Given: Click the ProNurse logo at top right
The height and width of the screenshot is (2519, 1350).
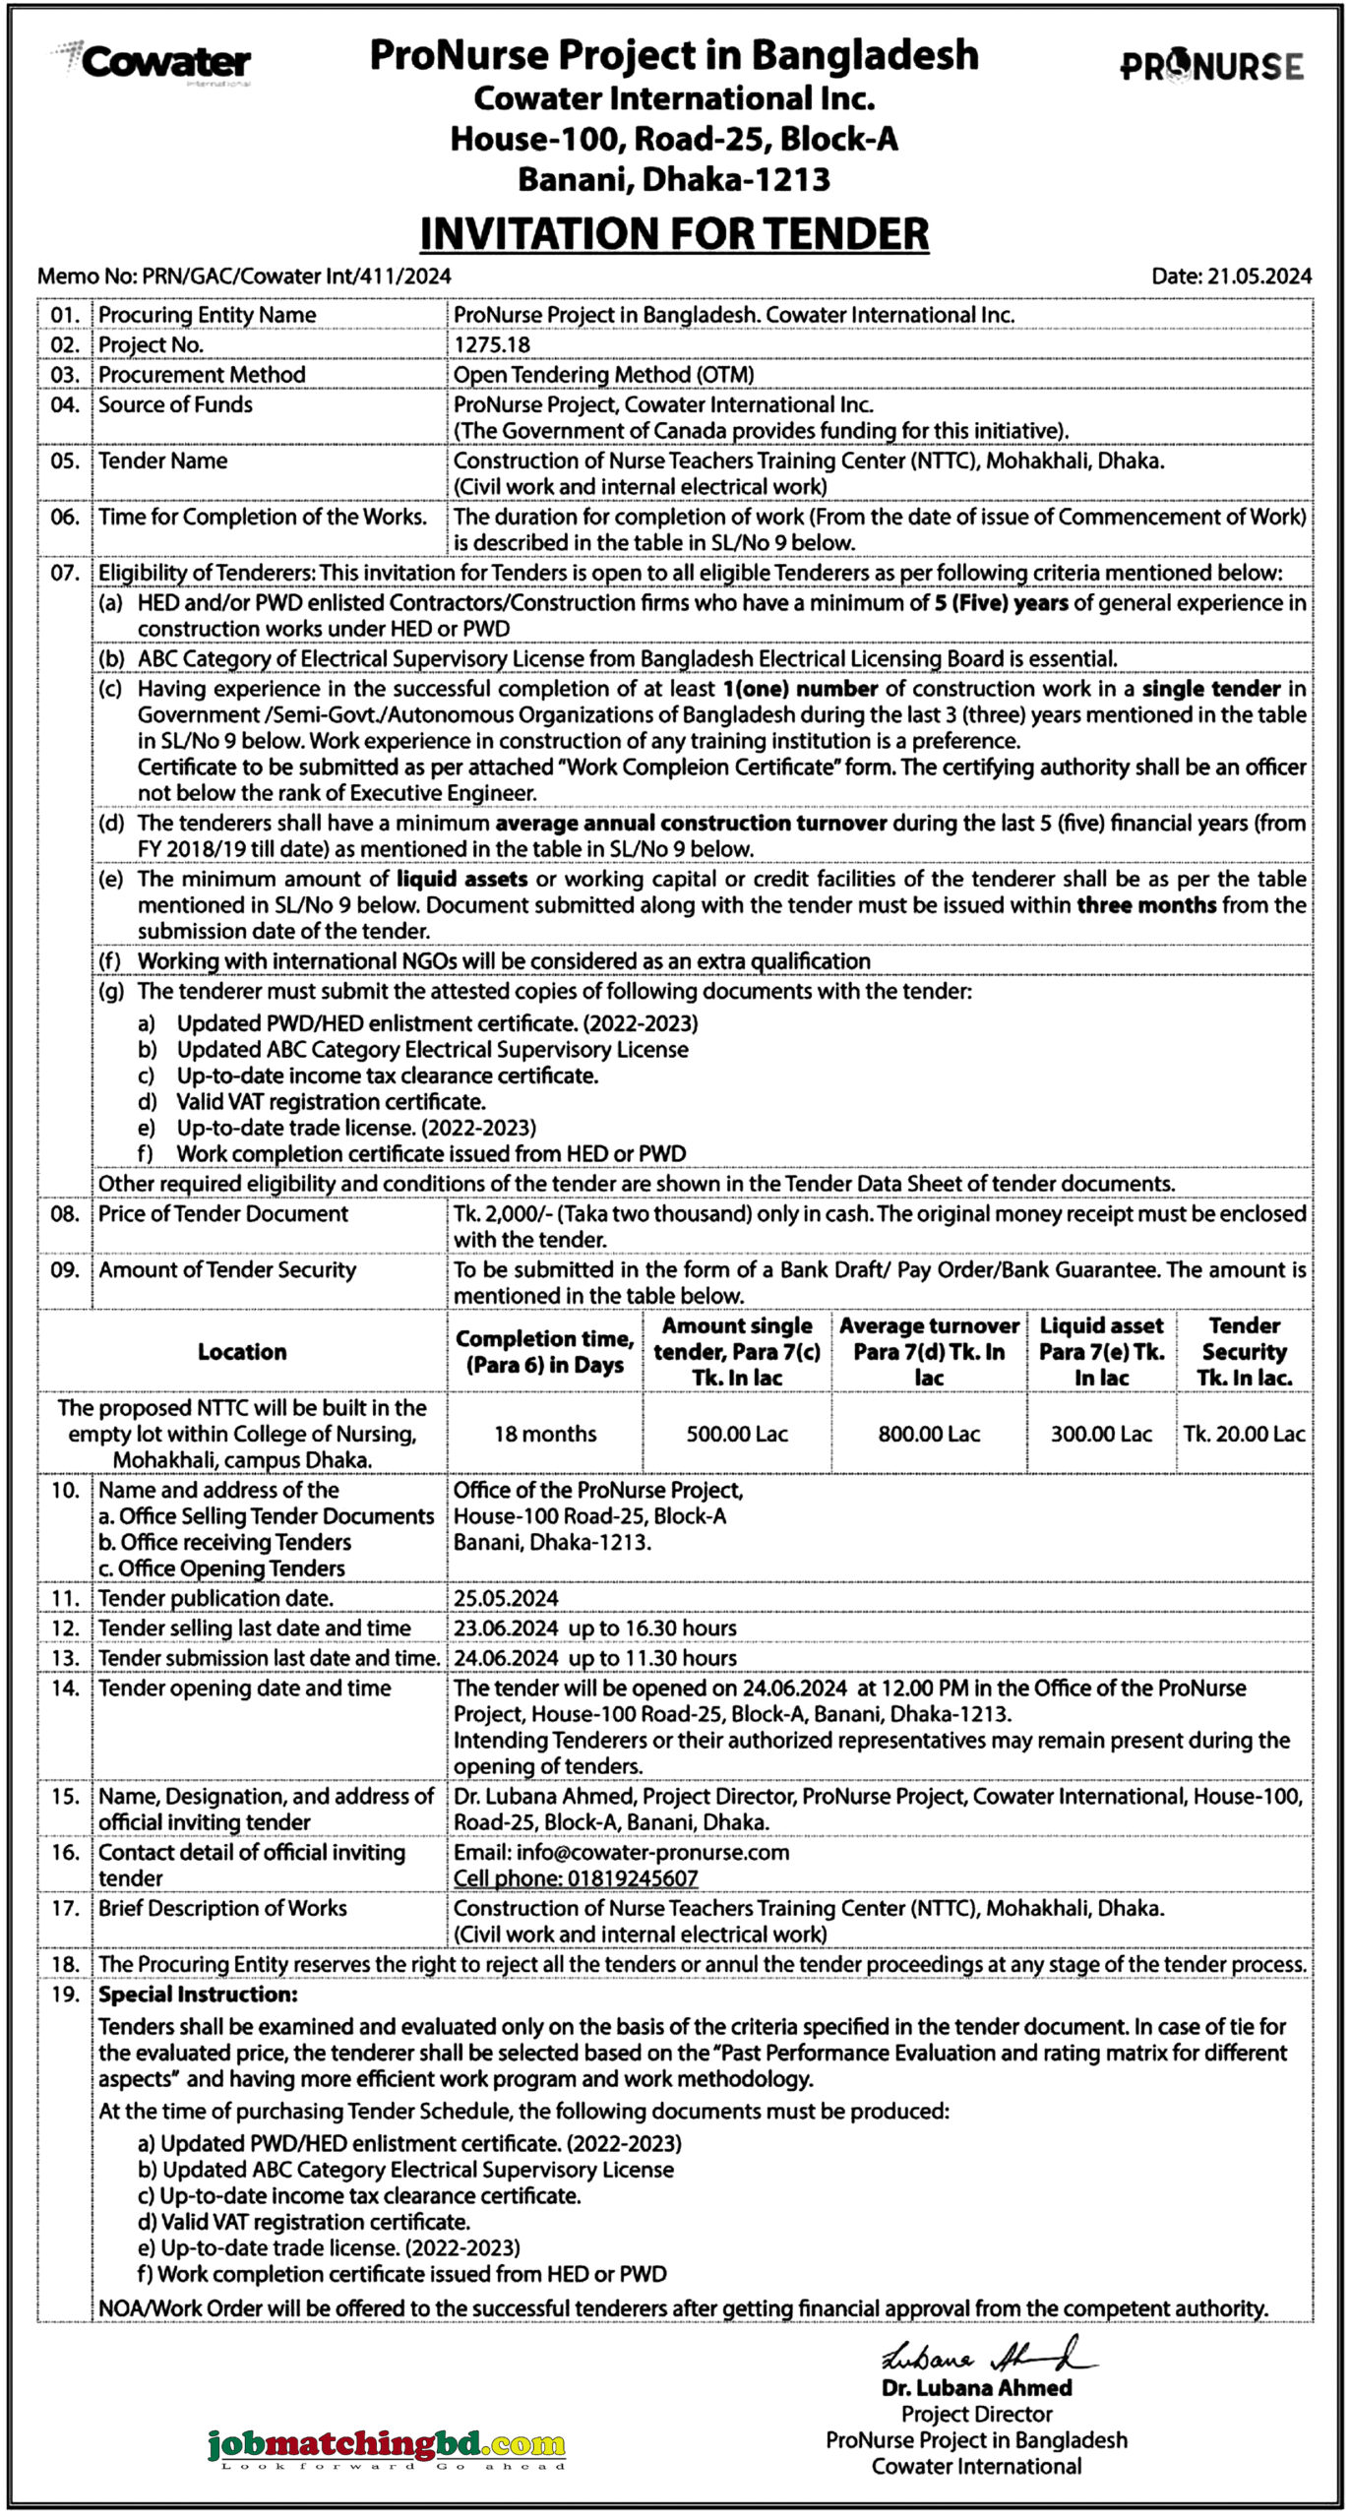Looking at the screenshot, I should pos(1211,66).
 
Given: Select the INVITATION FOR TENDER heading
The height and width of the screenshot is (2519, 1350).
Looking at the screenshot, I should pos(674,234).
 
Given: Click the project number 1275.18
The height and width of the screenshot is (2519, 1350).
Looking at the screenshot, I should pos(492,344).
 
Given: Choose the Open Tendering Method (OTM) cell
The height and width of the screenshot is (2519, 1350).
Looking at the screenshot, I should pos(603,375).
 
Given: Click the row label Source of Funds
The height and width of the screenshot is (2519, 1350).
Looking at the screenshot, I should pos(175,404).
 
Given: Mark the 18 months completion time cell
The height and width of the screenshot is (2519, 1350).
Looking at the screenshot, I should pos(545,1434).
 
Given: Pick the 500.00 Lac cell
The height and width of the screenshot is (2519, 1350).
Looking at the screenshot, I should pos(737,1434).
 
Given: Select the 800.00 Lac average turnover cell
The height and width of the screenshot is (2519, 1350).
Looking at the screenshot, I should pos(929,1434).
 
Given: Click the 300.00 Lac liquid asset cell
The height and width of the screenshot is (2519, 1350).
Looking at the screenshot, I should pos(1101,1434).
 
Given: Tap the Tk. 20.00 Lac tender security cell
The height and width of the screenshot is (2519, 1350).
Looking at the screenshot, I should pos(1244,1434).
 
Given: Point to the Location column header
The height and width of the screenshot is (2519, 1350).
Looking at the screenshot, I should pos(242,1351).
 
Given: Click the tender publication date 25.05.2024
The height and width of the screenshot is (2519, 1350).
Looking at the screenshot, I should pos(506,1598).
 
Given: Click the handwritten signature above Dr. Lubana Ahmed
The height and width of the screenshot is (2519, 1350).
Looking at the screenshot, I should pos(984,2357).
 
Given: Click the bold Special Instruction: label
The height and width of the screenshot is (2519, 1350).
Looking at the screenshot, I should pos(198,1995).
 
